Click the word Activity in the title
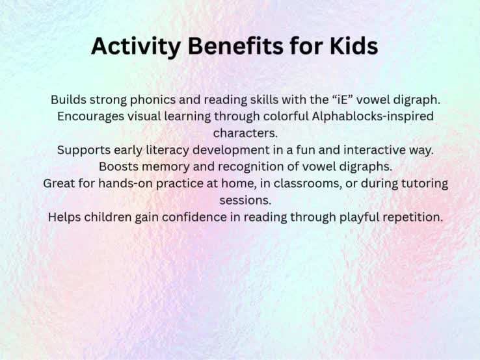(x=136, y=47)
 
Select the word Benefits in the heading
(x=235, y=46)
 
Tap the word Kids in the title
(x=354, y=46)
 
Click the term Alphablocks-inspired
(x=373, y=116)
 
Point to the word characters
(x=245, y=133)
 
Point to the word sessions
(x=245, y=201)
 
